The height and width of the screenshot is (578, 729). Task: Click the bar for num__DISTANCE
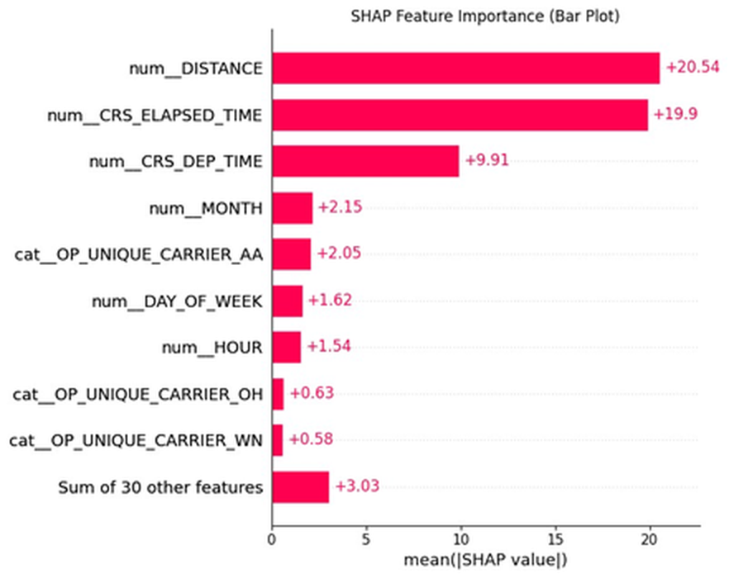[465, 69]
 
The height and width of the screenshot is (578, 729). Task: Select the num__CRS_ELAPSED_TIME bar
[460, 115]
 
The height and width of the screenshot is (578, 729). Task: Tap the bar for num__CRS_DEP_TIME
[365, 162]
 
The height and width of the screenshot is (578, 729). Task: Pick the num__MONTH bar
[292, 208]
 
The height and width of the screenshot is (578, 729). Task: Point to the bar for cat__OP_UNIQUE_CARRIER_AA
[291, 254]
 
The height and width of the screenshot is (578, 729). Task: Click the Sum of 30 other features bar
[300, 487]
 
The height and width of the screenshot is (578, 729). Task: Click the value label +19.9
[675, 114]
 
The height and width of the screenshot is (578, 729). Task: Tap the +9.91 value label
[486, 161]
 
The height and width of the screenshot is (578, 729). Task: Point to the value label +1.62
[330, 301]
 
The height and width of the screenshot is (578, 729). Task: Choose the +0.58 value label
[310, 439]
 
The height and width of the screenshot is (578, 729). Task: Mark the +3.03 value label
[356, 486]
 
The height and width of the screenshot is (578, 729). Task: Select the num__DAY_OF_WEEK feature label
[178, 301]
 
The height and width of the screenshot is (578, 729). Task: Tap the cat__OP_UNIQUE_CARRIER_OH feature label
[138, 394]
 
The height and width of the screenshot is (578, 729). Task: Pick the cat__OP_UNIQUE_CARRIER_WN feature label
[136, 441]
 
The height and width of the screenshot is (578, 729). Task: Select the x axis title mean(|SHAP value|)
[485, 561]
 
